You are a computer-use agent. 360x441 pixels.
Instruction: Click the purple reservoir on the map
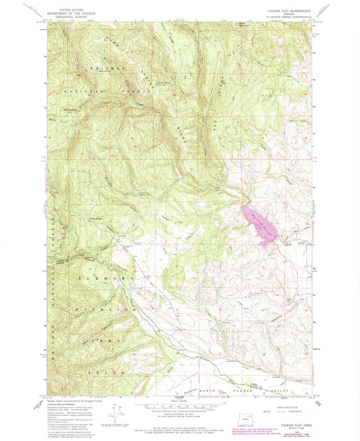[261, 224]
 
